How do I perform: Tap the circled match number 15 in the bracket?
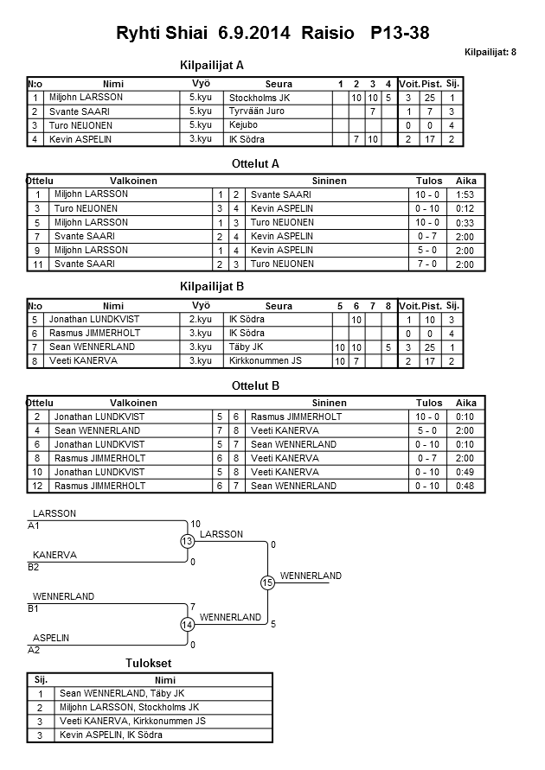267,583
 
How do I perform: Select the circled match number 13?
186,542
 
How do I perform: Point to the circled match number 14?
186,624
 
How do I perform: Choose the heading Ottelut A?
255,162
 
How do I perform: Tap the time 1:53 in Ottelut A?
465,194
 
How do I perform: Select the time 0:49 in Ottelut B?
465,472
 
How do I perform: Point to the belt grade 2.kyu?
200,320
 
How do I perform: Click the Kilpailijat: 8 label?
490,53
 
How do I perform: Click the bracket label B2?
34,567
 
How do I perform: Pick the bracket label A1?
34,525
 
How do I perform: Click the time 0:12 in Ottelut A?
465,208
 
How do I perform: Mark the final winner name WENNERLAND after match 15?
311,576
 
